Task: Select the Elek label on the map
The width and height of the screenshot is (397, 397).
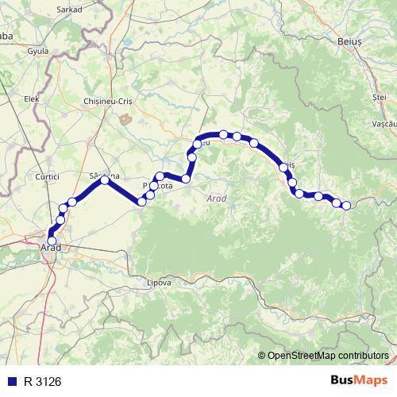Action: point(32,98)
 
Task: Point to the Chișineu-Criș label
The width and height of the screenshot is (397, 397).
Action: point(107,102)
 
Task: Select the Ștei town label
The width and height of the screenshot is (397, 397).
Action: point(379,96)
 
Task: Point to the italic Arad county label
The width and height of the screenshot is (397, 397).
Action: point(215,198)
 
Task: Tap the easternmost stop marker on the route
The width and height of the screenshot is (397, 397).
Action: point(346,206)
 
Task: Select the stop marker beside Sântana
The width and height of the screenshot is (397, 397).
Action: point(105,180)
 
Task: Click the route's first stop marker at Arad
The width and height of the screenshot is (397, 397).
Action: point(52,241)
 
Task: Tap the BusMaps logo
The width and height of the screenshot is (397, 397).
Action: point(356,380)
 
